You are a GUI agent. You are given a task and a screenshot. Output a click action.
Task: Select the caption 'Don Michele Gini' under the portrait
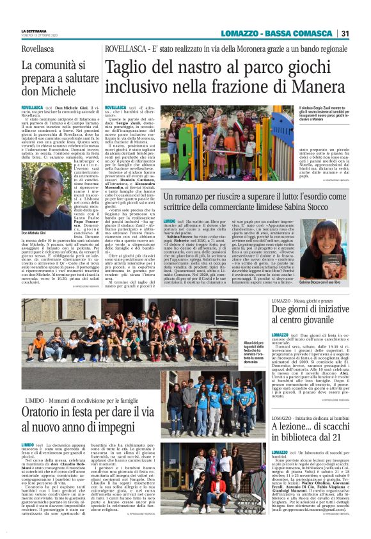point(35,233)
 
